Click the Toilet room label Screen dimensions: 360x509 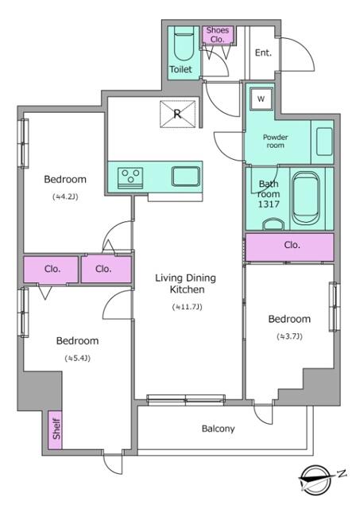(x=180, y=69)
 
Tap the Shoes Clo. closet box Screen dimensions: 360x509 (x=218, y=34)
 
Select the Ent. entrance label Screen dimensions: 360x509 (x=263, y=52)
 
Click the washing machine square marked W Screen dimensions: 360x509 (x=261, y=99)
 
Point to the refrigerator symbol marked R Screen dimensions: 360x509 (x=178, y=114)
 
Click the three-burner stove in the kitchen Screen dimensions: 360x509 (x=130, y=177)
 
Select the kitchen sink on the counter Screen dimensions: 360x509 (x=185, y=177)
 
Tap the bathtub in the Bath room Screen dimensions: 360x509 (x=306, y=198)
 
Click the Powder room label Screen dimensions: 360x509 (x=275, y=142)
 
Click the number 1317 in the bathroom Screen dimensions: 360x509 (x=269, y=204)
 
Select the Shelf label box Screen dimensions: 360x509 (x=56, y=430)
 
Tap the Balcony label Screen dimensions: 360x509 (x=218, y=429)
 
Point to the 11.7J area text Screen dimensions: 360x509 (x=187, y=307)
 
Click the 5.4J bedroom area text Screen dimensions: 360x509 (x=77, y=359)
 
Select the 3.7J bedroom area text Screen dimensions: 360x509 (x=289, y=336)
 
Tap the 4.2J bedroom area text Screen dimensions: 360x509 (x=65, y=196)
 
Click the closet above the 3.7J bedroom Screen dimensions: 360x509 (x=289, y=247)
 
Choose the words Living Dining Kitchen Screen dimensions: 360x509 (x=185, y=283)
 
